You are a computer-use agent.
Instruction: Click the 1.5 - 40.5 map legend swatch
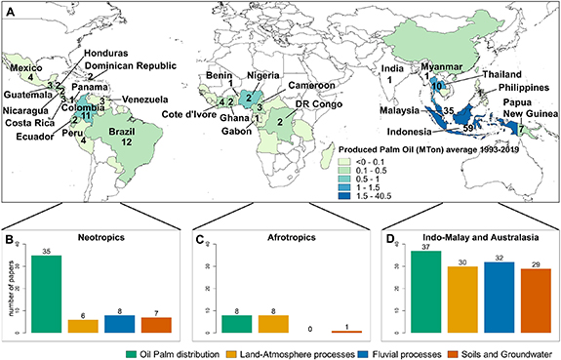(344, 194)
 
